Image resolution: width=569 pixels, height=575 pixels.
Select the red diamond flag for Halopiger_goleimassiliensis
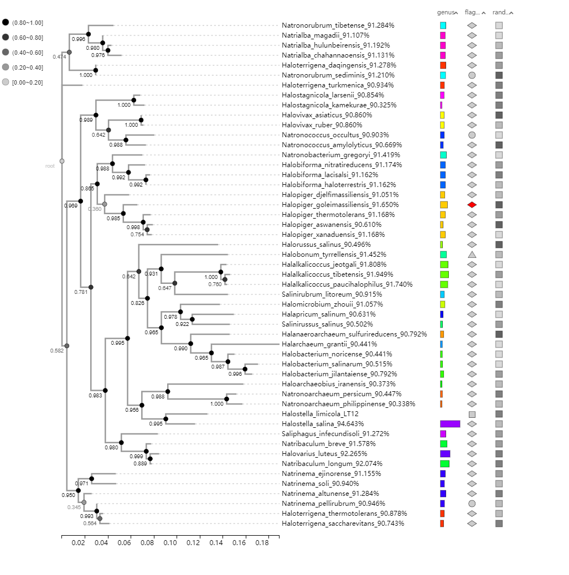coord(472,205)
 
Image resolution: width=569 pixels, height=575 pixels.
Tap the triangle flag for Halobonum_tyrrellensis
coord(472,255)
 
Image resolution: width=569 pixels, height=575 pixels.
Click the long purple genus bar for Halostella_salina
coord(450,424)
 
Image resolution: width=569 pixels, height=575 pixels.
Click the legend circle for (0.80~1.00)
coord(6,23)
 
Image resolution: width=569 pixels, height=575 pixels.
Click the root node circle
coord(62,161)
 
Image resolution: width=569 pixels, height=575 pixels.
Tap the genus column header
coord(446,12)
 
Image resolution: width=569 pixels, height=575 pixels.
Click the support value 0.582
coord(56,351)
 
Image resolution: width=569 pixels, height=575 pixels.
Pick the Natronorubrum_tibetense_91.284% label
coord(338,25)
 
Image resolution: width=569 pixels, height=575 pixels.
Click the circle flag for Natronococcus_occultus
coord(472,135)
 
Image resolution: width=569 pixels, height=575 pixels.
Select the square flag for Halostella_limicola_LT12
coord(472,414)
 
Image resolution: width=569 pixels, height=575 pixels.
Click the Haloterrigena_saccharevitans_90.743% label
coord(343,524)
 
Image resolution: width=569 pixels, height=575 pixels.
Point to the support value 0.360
coord(95,209)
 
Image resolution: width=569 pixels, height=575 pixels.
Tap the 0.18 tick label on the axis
coord(262,543)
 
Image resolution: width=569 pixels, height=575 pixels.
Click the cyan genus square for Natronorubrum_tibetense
coord(443,25)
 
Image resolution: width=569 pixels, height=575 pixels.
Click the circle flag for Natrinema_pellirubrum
coord(472,504)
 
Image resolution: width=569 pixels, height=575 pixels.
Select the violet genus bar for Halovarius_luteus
coord(445,454)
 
